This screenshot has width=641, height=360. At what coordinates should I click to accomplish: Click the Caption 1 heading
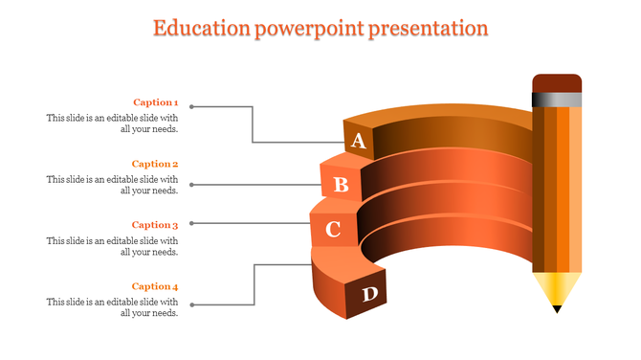pos(155,102)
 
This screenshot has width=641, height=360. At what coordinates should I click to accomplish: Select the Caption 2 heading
pos(155,164)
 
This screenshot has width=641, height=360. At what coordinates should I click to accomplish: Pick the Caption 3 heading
pos(155,225)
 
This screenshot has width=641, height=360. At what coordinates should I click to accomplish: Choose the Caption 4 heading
pos(155,286)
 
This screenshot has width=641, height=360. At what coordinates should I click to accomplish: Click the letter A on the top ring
pos(359,142)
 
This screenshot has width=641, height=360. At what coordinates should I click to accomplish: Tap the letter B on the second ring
pos(340,184)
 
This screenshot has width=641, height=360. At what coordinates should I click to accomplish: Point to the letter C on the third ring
pos(333,230)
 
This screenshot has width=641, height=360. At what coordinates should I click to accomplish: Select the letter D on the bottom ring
pos(369,295)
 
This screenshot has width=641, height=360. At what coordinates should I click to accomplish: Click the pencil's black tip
pos(557,308)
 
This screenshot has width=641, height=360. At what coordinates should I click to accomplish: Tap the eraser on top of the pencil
pos(557,82)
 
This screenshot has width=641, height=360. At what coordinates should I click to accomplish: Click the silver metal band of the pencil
pos(557,99)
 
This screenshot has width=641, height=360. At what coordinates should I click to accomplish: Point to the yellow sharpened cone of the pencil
pos(557,287)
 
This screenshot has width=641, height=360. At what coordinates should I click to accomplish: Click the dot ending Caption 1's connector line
pos(192,106)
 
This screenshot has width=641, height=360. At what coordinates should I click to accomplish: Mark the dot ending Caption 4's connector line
pos(192,305)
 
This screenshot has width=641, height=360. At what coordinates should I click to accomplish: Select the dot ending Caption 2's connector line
pos(192,184)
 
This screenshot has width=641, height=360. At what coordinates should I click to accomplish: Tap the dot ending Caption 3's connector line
pos(192,223)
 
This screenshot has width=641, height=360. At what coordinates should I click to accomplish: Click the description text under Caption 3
pos(112,246)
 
